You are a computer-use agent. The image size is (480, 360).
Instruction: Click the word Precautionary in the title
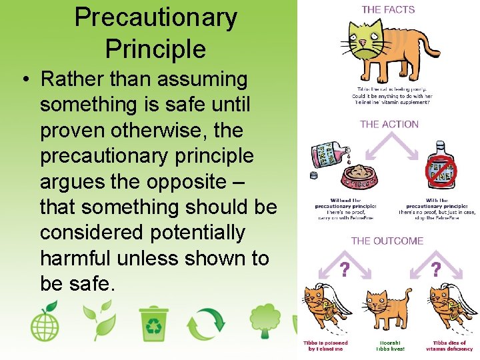coord(155,17)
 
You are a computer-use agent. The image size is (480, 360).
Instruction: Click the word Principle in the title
coord(155,49)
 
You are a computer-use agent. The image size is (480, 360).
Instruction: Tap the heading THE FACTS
coord(388,10)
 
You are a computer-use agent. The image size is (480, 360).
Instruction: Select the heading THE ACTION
coord(389,124)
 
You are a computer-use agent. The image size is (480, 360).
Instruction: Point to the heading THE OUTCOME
coord(387,241)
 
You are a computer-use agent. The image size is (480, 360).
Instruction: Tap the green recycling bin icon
coord(154,323)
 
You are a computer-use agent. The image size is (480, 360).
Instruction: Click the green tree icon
coord(265,323)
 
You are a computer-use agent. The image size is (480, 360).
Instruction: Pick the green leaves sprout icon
coord(99,321)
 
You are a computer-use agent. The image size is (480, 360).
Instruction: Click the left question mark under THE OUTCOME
coord(344,270)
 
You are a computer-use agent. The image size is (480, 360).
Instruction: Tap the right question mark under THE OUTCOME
coord(435,269)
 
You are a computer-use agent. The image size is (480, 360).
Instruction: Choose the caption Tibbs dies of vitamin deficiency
coord(449,345)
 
